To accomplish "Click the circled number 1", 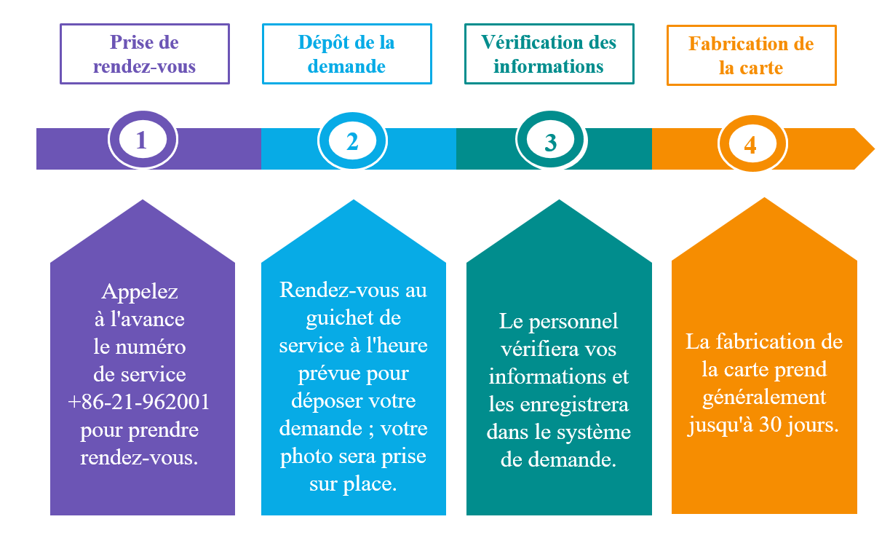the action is (143, 140).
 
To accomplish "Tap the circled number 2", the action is (352, 141).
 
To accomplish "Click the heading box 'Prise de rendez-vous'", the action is (145, 54).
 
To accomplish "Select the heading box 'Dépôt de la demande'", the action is (347, 54).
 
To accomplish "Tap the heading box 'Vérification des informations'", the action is (549, 54).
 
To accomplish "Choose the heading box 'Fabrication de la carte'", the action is (751, 55).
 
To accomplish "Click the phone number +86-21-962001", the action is (139, 401).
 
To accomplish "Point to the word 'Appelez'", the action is (140, 292).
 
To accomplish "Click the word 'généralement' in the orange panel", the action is (764, 397).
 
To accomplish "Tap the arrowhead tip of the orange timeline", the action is (875, 149).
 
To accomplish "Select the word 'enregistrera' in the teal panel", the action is (574, 405).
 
